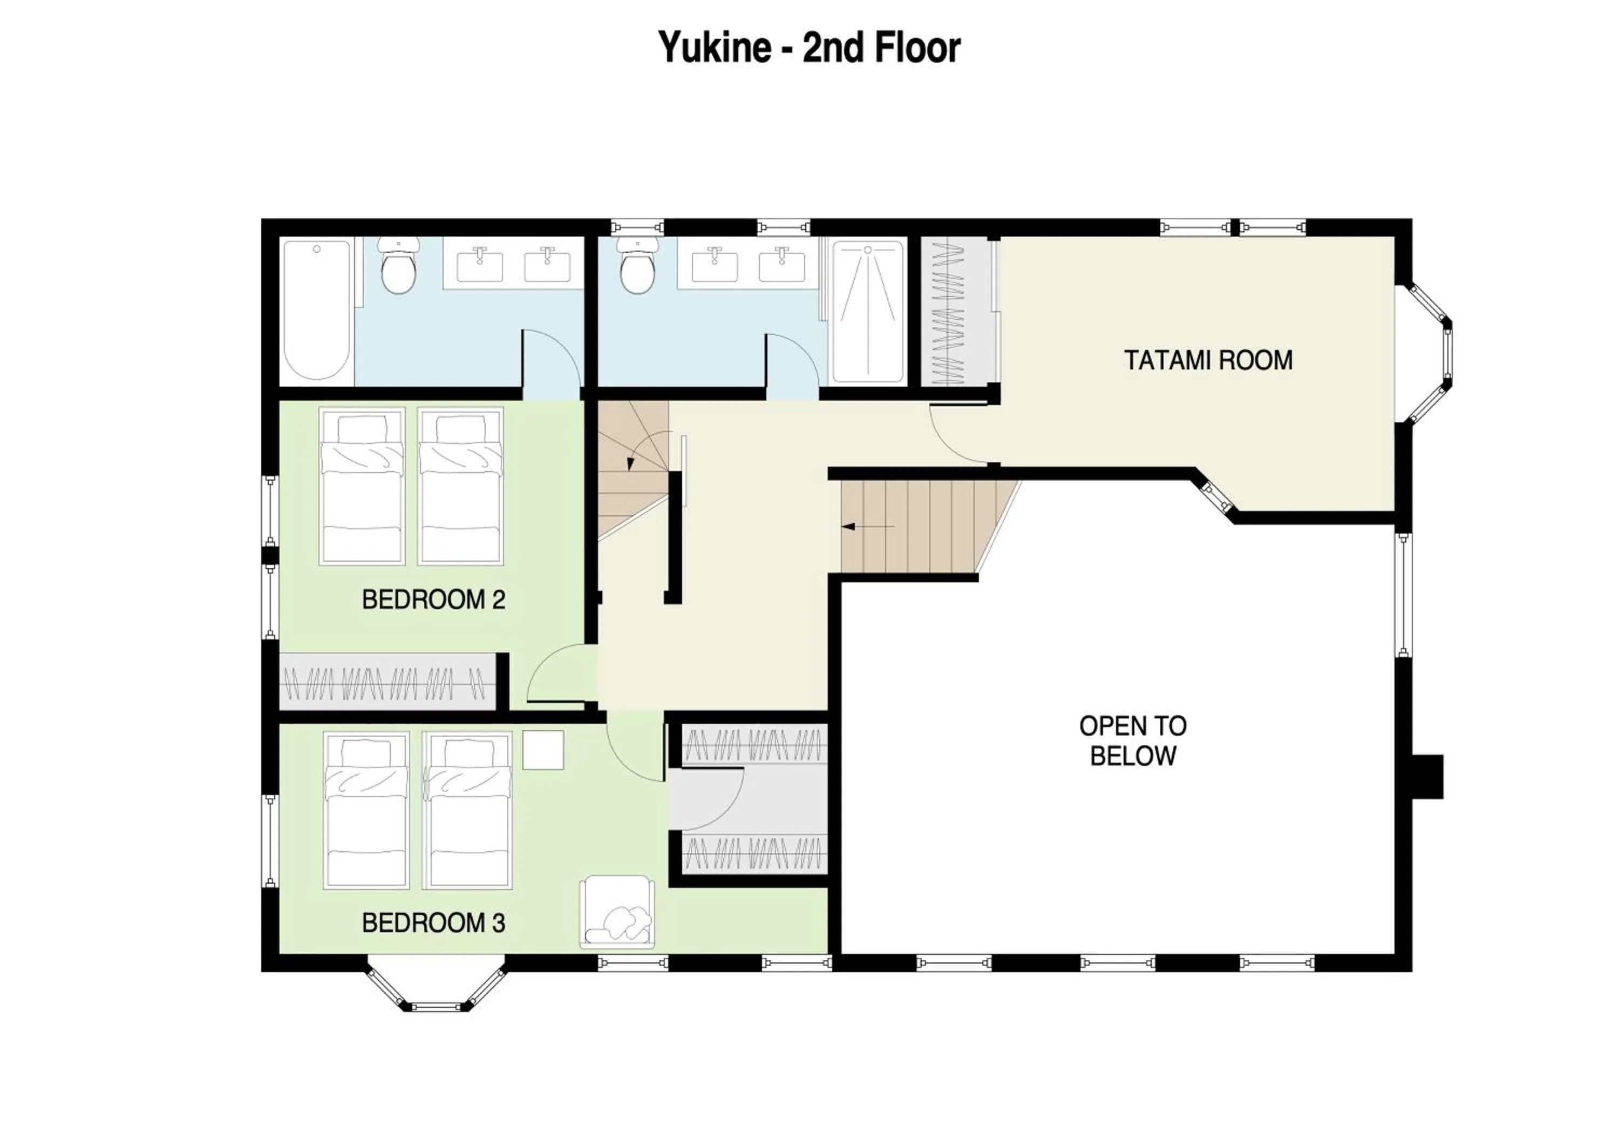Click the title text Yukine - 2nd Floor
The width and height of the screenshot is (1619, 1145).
coord(809,48)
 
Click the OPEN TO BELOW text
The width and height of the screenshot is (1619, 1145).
coord(1132,741)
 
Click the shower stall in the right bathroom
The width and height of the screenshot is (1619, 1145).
coord(867,312)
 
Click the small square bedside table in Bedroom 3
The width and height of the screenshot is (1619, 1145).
coord(543,750)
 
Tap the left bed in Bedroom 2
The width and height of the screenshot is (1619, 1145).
coord(362,486)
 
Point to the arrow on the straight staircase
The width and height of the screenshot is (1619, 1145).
coord(867,526)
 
